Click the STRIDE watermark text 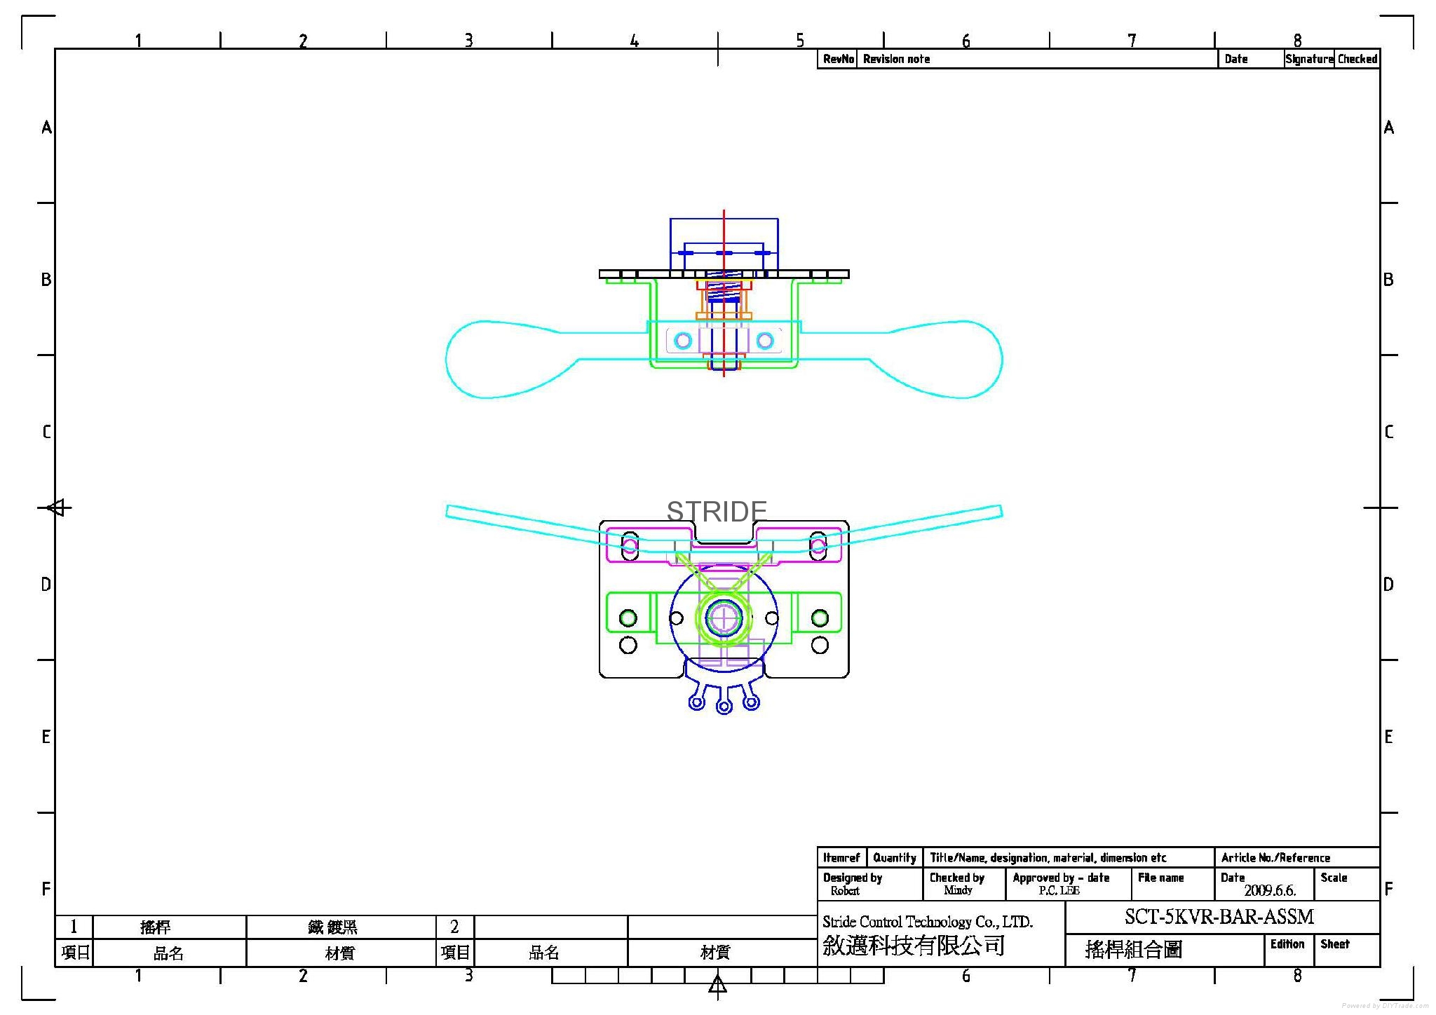(x=716, y=512)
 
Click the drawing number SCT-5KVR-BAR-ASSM (x=1219, y=917)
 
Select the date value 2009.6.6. (x=1269, y=891)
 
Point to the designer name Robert (x=844, y=891)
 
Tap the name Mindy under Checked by (x=957, y=890)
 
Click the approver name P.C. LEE (x=1059, y=891)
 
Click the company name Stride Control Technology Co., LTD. (x=927, y=922)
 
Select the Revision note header (x=896, y=59)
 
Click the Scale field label (x=1334, y=878)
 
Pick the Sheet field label (x=1334, y=944)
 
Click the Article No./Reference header (x=1275, y=858)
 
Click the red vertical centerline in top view (x=724, y=231)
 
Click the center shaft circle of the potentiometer (x=724, y=618)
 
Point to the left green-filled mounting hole (x=628, y=618)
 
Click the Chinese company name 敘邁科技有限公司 (x=914, y=946)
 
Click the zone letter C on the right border (x=1388, y=432)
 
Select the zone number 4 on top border (x=634, y=41)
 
